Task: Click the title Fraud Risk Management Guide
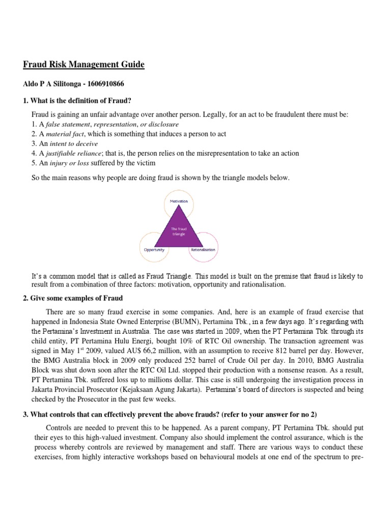pos(84,65)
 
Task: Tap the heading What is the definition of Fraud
pos(84,100)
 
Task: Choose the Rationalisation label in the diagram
pos(203,250)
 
